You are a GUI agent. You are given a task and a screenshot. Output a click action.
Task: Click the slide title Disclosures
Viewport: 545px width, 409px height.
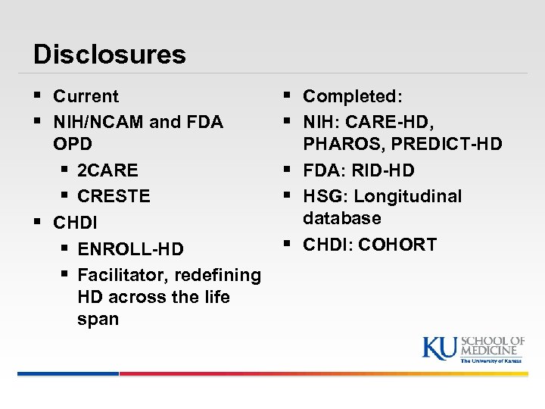[109, 54]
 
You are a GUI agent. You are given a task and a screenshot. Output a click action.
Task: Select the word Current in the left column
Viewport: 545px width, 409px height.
[86, 96]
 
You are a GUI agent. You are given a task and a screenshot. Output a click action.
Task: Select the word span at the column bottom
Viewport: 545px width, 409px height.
[98, 319]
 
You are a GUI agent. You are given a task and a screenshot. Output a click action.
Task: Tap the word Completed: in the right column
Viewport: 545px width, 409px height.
[353, 96]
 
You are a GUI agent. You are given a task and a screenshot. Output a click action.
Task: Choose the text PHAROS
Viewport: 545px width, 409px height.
[340, 144]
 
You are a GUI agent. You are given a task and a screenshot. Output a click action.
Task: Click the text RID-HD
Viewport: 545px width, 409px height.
[382, 170]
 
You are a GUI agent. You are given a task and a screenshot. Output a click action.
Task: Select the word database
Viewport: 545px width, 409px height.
[342, 218]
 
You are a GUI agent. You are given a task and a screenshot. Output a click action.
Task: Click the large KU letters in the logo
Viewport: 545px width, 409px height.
[440, 348]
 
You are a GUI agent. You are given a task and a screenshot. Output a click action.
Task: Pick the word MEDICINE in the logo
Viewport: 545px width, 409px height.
[492, 350]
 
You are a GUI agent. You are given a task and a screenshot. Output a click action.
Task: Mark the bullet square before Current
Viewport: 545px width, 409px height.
[39, 95]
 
